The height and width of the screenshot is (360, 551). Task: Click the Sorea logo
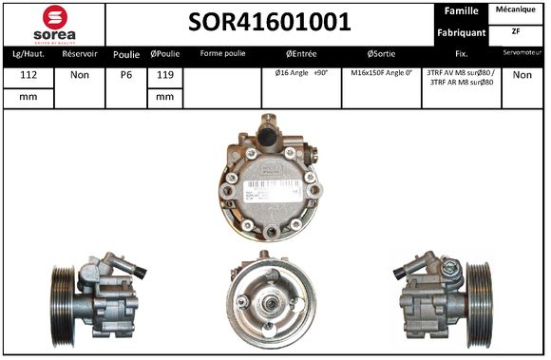(x=53, y=23)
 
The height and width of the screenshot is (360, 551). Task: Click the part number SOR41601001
(x=269, y=22)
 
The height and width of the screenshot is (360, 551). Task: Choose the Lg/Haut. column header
(x=28, y=54)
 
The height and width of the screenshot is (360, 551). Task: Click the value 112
(x=28, y=75)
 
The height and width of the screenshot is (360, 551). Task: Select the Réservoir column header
(x=80, y=54)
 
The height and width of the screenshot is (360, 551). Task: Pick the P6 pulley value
(x=125, y=75)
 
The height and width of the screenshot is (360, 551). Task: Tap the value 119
(x=164, y=75)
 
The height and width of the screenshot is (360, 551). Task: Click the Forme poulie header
(x=222, y=54)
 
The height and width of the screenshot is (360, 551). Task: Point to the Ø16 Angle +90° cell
(x=300, y=73)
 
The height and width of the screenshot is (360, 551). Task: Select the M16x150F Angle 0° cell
(x=381, y=73)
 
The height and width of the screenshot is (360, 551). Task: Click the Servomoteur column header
(x=522, y=54)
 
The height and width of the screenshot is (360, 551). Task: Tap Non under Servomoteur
(x=522, y=74)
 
